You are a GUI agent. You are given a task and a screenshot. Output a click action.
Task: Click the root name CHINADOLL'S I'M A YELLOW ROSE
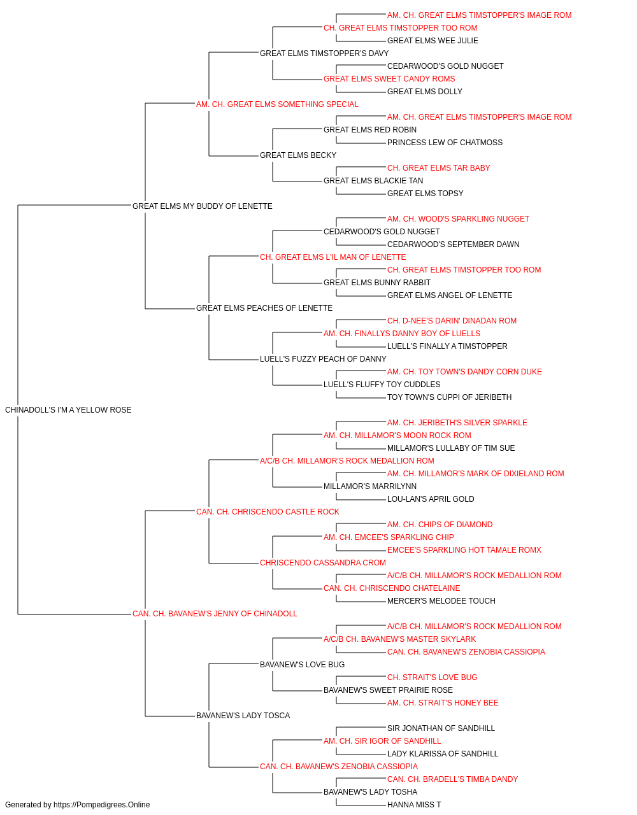68,410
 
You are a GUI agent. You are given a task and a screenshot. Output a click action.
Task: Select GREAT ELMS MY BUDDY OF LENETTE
202,206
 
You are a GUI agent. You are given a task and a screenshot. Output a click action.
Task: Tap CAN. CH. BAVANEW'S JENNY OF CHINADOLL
215,614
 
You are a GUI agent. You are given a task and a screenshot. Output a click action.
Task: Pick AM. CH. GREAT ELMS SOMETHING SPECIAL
277,104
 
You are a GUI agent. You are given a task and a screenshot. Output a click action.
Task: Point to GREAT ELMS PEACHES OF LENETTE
264,308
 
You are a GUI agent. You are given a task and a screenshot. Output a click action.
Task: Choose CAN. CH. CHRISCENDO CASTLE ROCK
268,511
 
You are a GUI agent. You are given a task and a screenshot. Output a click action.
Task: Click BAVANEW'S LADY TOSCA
243,716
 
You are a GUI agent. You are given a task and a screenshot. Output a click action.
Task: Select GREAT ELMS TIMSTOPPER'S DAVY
324,53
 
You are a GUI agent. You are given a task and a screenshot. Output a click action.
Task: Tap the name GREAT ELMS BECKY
298,155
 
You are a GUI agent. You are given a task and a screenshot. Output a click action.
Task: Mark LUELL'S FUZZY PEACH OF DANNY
323,359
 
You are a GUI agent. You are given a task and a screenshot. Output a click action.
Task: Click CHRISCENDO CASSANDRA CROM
322,563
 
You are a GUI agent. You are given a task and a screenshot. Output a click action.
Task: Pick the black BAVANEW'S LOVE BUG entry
302,665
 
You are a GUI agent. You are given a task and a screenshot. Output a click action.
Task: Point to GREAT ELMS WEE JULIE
433,41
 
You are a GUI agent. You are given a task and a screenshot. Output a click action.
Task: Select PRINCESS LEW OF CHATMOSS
445,143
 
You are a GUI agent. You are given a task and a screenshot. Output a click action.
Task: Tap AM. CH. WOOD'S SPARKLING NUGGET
458,219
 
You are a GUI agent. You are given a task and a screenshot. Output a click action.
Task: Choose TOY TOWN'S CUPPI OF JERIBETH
449,397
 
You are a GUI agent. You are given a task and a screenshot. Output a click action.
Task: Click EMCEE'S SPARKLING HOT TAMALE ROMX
464,550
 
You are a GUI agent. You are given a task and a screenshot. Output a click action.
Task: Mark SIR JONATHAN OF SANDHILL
441,728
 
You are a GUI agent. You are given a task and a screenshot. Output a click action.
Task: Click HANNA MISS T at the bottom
414,805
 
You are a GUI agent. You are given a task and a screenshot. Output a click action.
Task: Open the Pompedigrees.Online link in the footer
101,805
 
